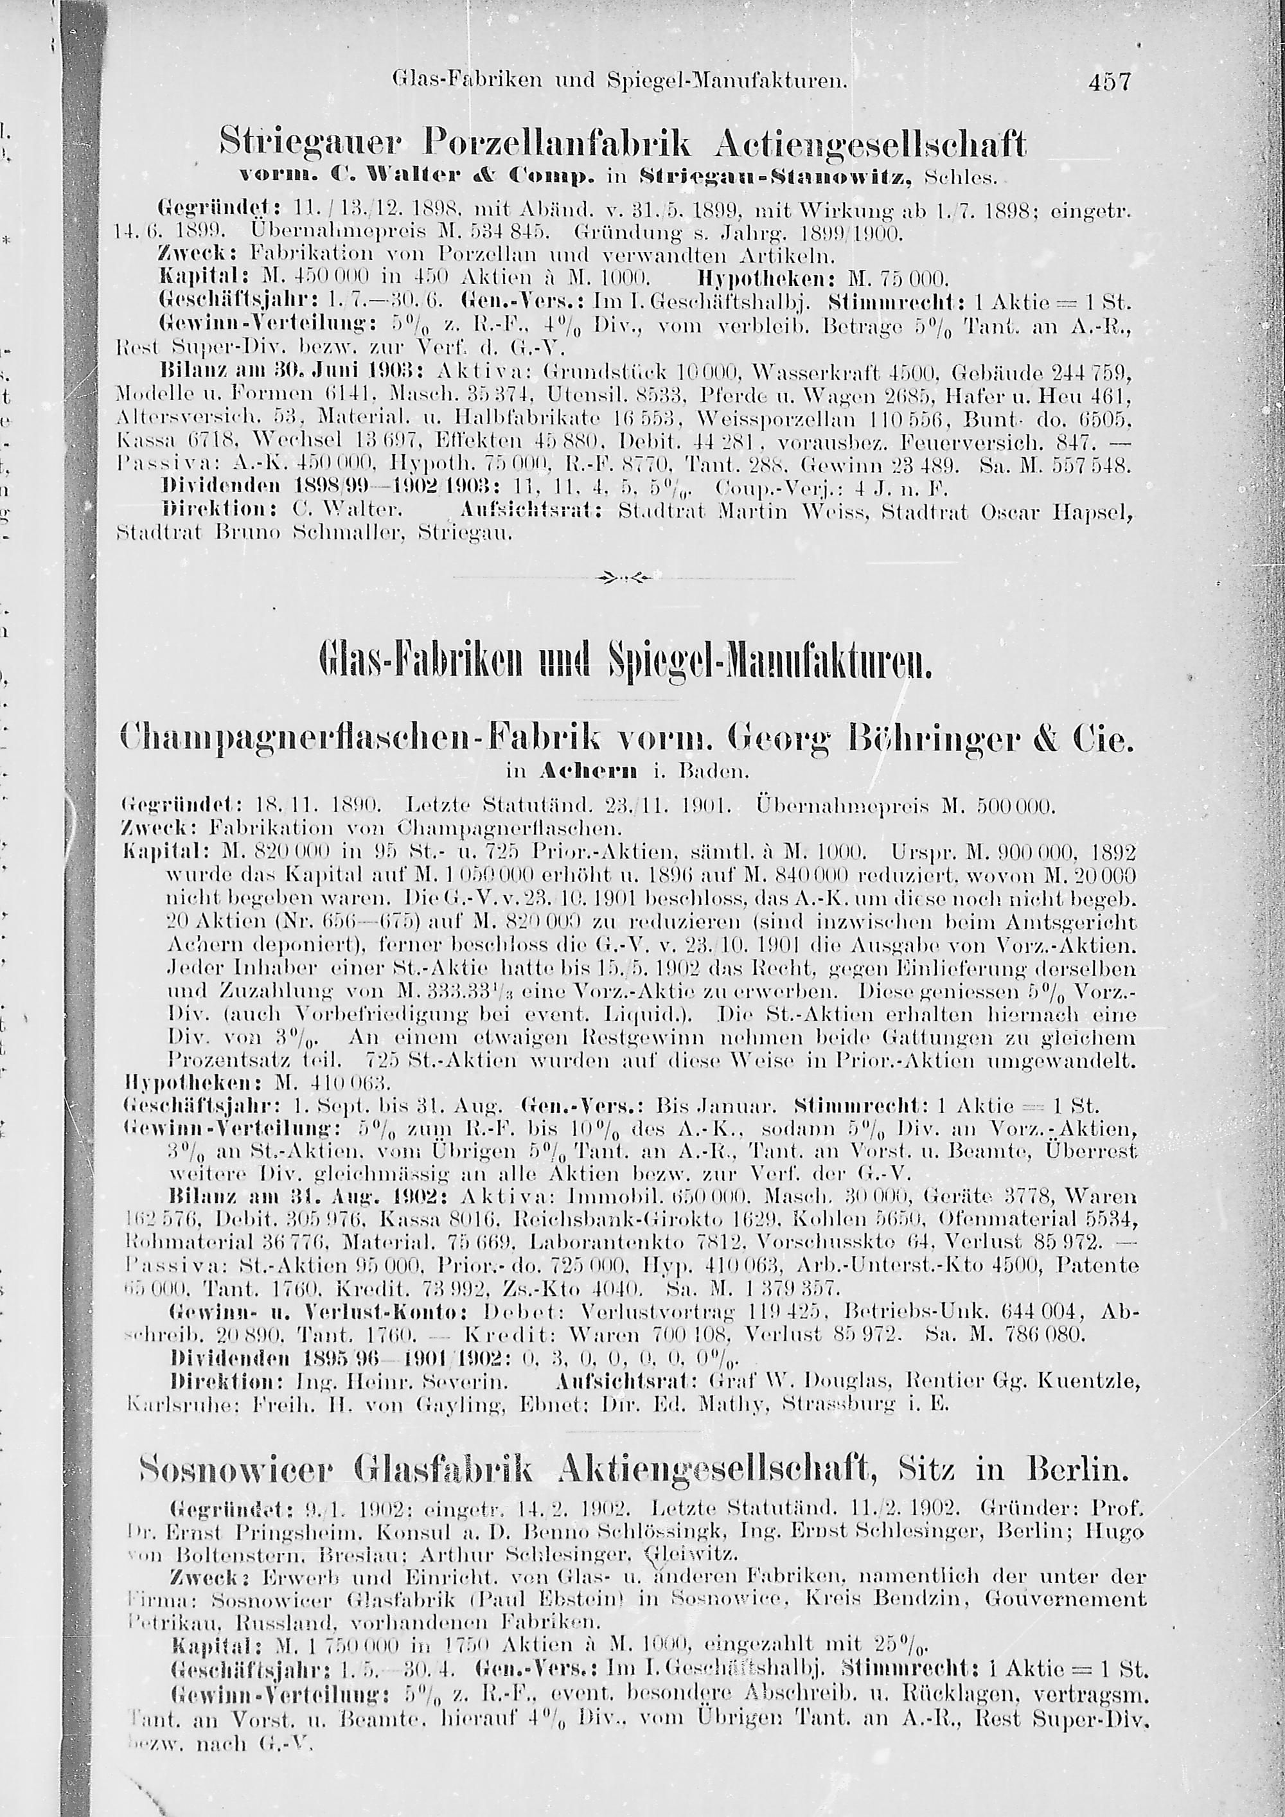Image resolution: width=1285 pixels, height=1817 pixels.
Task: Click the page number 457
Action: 1111,82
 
